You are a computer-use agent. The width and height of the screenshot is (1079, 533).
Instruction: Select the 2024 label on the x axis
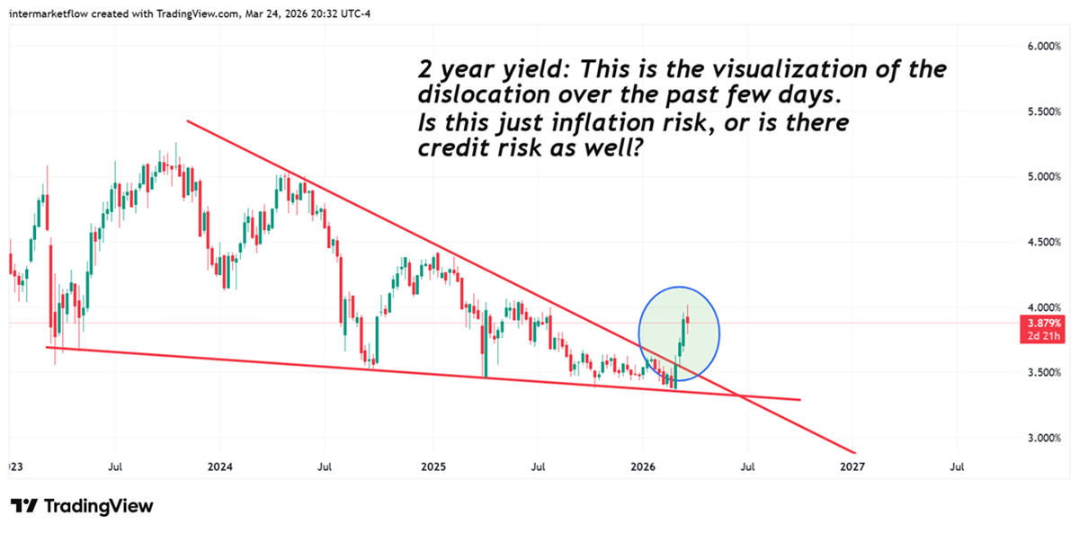(219, 467)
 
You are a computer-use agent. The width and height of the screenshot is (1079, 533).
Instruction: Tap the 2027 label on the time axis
(852, 467)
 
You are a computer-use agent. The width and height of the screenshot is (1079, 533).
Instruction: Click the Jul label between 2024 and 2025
(325, 467)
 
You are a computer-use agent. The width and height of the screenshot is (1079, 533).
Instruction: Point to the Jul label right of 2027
(958, 467)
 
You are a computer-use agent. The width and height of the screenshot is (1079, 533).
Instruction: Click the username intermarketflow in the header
(57, 10)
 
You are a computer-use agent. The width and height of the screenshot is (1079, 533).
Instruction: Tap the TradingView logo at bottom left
(82, 506)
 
